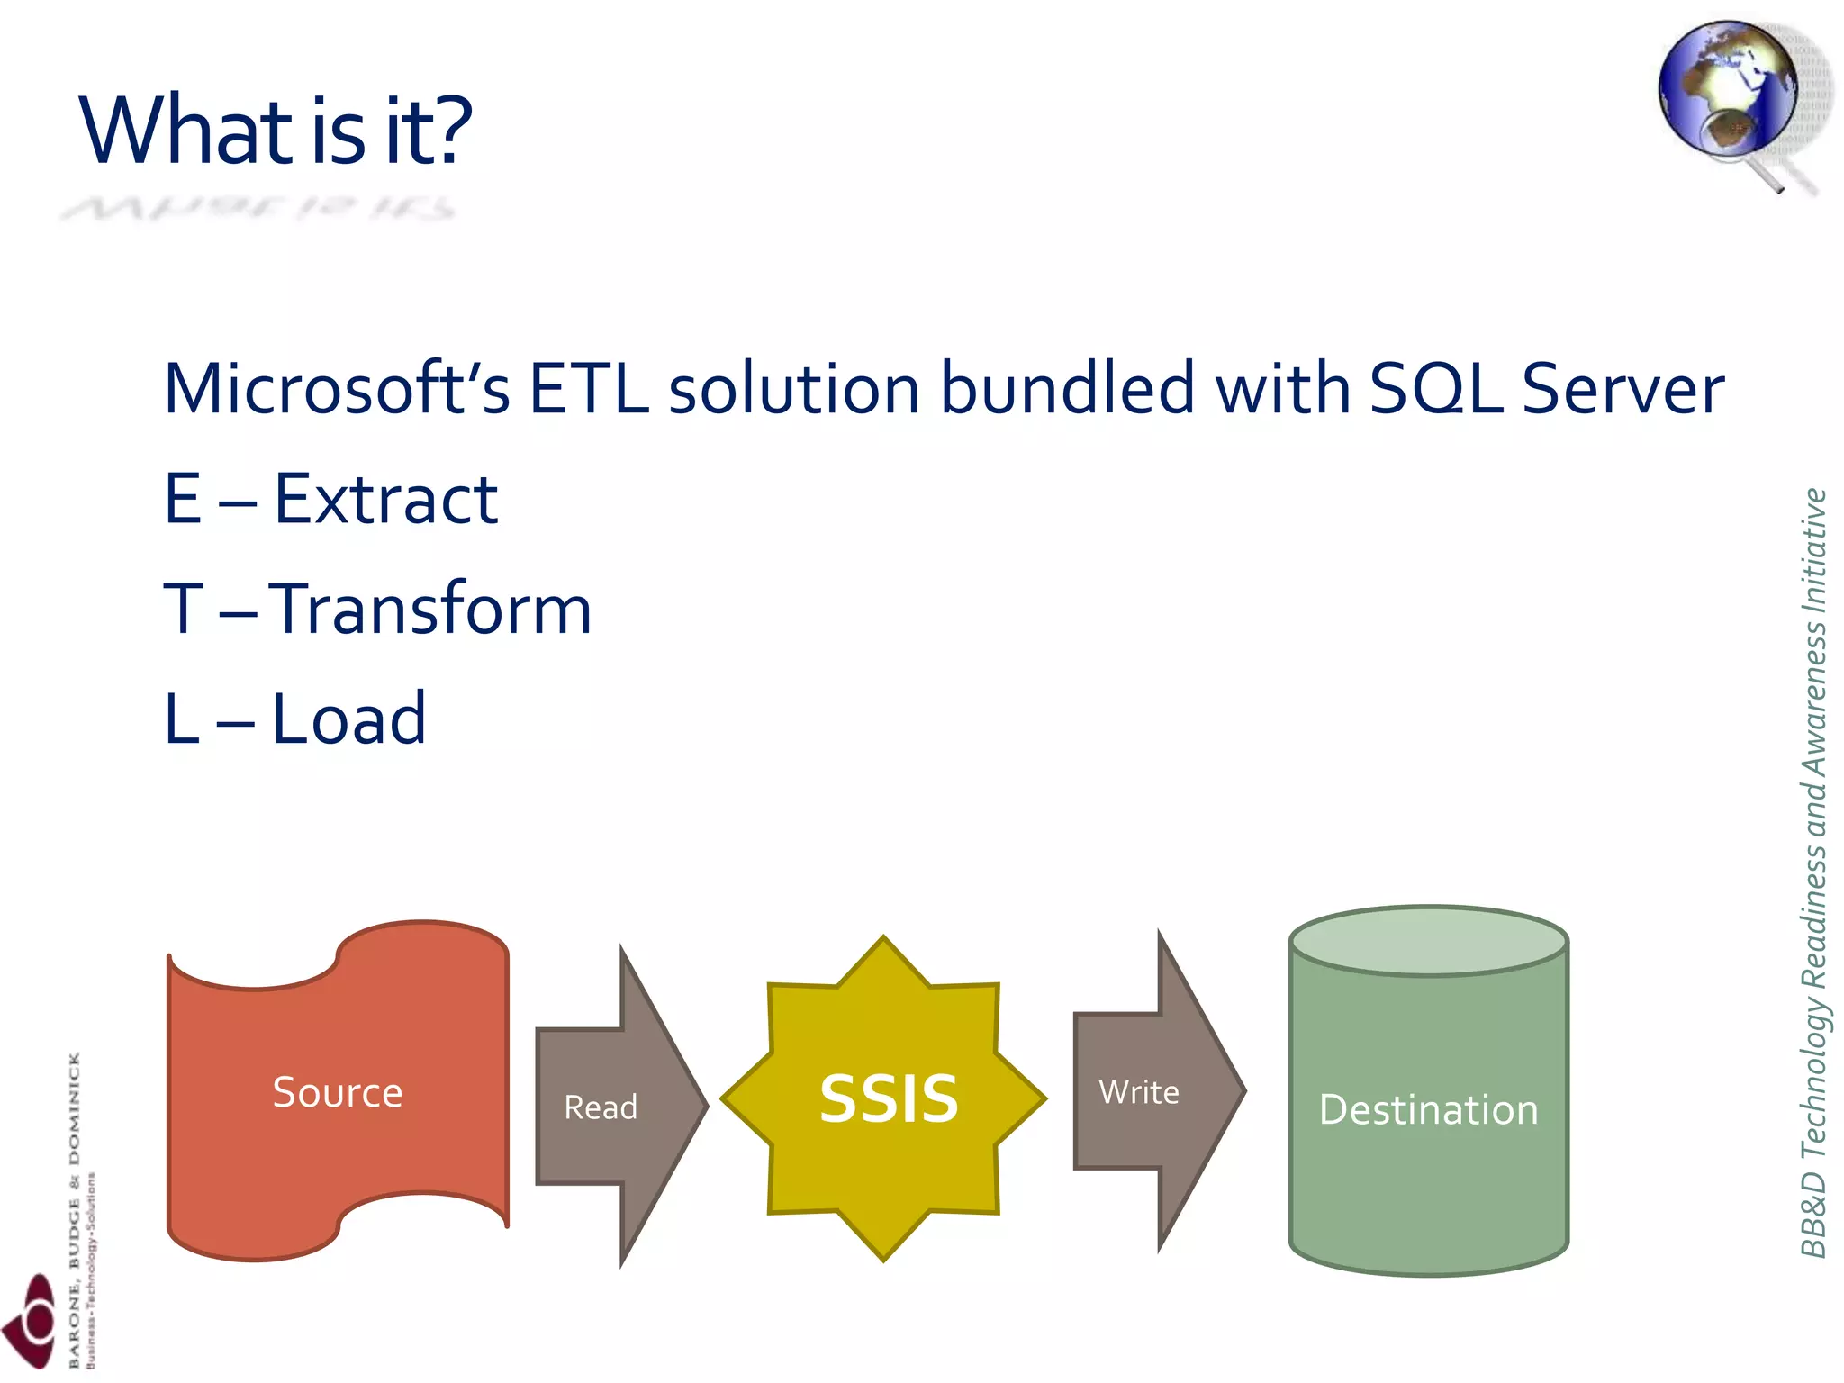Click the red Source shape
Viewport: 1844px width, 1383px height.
tap(338, 1092)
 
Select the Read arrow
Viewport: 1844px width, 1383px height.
tap(612, 1107)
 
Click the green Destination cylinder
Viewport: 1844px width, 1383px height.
tap(1429, 1109)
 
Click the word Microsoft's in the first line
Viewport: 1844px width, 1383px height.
tap(337, 389)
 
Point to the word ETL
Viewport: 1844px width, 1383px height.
tap(589, 389)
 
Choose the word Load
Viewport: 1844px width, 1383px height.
tap(348, 719)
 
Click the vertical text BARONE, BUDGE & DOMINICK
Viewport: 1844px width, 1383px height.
tap(74, 1207)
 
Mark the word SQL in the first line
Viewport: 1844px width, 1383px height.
tap(1435, 389)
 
